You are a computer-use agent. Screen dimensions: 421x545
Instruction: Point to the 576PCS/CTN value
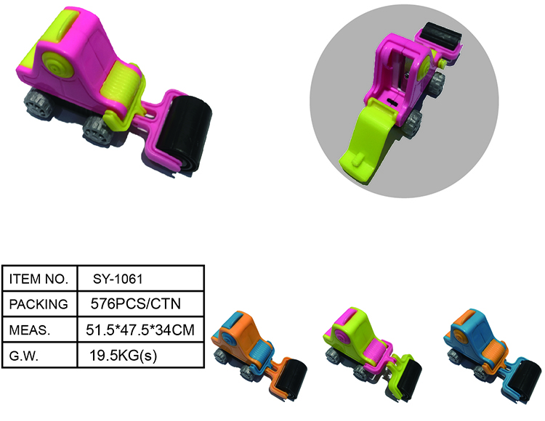(x=131, y=304)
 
